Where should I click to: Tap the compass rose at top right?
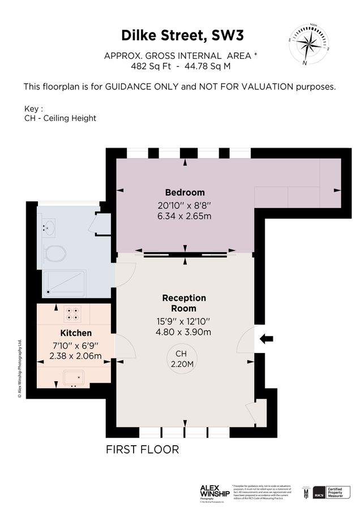point(308,44)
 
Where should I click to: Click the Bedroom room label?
point(185,192)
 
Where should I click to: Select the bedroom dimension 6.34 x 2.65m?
point(185,217)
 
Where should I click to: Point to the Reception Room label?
point(184,303)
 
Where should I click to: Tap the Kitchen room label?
point(76,333)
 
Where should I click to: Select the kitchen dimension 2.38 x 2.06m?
point(75,356)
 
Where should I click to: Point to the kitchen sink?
point(74,377)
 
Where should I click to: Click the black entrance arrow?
point(266,339)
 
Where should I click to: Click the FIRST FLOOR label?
point(143,450)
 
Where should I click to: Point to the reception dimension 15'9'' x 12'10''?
point(184,321)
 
